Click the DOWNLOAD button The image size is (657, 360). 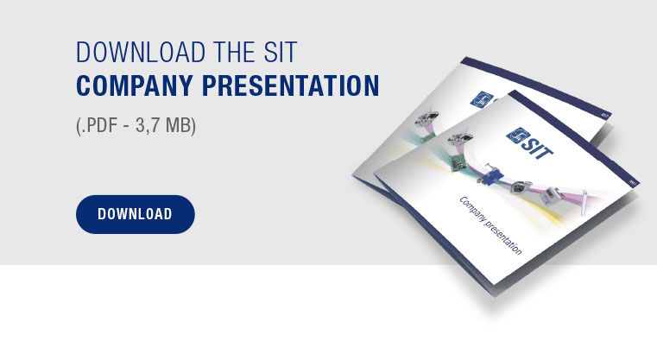[x=135, y=214]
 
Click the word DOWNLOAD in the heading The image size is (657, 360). [x=141, y=53]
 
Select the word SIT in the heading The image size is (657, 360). [x=281, y=53]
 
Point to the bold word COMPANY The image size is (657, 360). [x=135, y=85]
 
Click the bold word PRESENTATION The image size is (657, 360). [x=291, y=85]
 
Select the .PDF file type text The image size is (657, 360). [x=99, y=125]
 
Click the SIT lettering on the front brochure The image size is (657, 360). [x=537, y=148]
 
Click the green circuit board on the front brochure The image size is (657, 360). [x=458, y=162]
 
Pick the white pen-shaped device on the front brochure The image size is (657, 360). [x=584, y=203]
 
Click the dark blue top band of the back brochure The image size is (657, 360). [x=536, y=86]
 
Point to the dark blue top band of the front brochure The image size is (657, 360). [x=573, y=137]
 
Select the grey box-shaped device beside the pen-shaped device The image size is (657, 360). [x=549, y=195]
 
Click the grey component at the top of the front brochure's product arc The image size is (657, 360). [x=459, y=139]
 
